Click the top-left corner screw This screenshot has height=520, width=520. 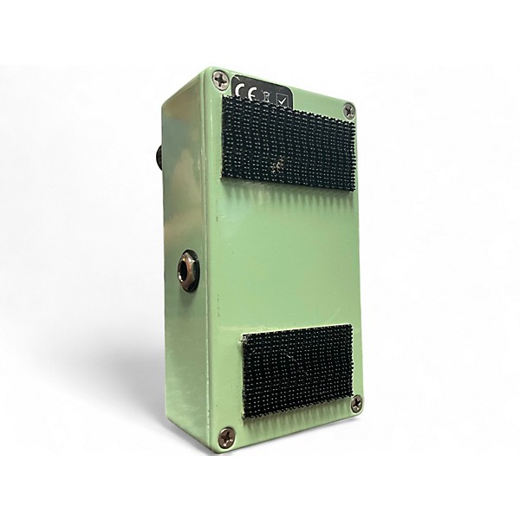(221, 80)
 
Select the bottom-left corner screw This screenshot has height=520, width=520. (227, 437)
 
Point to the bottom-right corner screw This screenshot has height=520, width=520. (356, 404)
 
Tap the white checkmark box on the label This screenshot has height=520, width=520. (283, 100)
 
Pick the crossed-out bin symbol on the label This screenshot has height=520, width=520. (266, 96)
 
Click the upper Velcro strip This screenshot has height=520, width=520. (288, 144)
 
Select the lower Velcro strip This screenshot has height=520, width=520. (297, 370)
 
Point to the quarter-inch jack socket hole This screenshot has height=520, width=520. (183, 270)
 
